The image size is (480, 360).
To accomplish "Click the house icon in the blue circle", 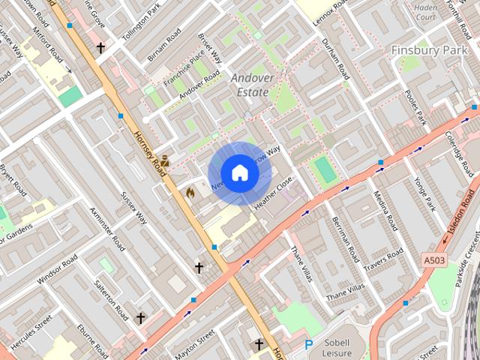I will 239,173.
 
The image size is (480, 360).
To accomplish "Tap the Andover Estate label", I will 250,85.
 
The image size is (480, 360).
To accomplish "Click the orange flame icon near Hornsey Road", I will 190,193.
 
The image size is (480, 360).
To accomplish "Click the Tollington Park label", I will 142,19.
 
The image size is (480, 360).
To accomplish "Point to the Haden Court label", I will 424,11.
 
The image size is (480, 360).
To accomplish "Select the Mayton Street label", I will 194,343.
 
